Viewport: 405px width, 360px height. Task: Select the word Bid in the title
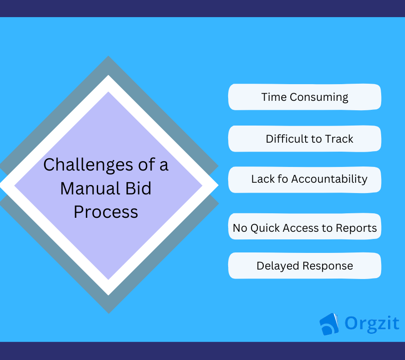click(x=138, y=188)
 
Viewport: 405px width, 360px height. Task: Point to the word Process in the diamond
click(x=106, y=212)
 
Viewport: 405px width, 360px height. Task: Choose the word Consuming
click(x=319, y=98)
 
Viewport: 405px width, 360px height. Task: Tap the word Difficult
click(x=287, y=139)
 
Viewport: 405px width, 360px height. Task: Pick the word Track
click(x=339, y=139)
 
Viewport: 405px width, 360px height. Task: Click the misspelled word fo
click(x=283, y=179)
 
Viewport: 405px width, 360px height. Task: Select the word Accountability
click(x=329, y=180)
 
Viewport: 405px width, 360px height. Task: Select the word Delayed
click(x=278, y=266)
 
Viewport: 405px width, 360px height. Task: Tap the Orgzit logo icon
click(x=329, y=324)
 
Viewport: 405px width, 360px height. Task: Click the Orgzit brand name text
click(x=372, y=324)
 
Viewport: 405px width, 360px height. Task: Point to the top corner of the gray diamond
click(x=108, y=56)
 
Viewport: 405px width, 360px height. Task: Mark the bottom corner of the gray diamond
click(x=109, y=313)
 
